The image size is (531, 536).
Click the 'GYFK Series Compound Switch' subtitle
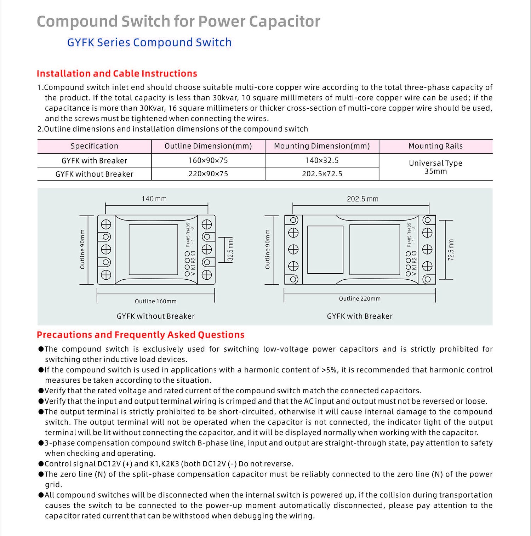click(149, 42)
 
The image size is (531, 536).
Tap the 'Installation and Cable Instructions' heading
click(117, 74)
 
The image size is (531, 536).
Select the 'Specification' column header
click(94, 146)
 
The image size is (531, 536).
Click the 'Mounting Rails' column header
click(435, 146)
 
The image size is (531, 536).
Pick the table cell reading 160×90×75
click(208, 160)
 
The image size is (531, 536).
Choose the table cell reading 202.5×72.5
click(322, 174)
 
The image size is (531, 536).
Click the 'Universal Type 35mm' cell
click(435, 167)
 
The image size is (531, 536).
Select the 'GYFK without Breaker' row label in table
click(94, 174)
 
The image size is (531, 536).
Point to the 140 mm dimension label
click(154, 199)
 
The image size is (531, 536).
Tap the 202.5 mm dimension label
click(362, 199)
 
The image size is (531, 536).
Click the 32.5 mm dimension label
click(230, 250)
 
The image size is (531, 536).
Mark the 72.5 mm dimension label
click(451, 250)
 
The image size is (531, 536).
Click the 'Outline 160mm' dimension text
click(155, 301)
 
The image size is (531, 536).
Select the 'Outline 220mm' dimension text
click(360, 299)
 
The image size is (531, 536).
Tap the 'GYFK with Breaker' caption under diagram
click(360, 316)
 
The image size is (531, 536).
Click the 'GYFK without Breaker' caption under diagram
click(155, 316)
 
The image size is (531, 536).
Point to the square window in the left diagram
click(153, 250)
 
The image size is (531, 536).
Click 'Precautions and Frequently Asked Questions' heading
click(141, 335)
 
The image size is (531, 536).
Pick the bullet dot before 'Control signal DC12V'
click(41, 464)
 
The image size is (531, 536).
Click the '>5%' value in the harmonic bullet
click(329, 370)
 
